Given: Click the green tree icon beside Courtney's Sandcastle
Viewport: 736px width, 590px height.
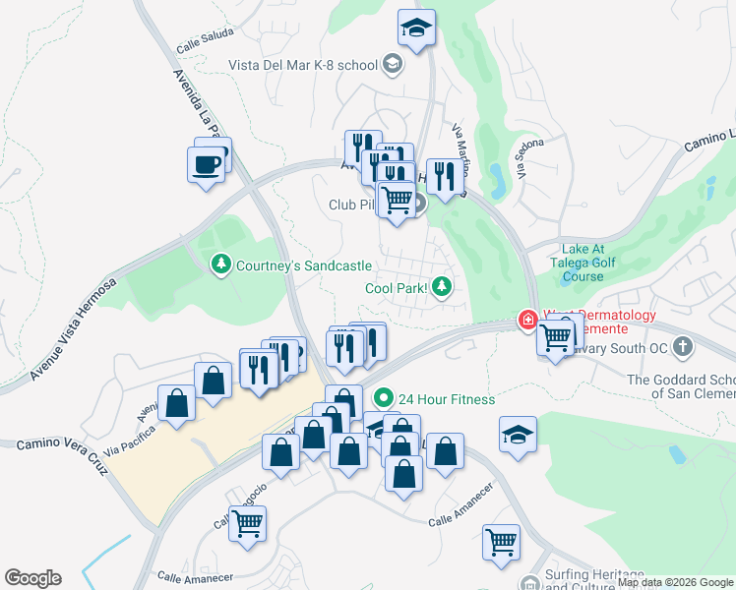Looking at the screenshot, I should click(x=221, y=265).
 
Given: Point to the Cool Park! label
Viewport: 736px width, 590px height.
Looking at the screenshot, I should click(x=396, y=288).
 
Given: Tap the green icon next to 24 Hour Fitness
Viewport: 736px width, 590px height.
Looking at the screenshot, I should click(x=383, y=399).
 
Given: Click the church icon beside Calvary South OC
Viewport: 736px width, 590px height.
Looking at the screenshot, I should click(x=684, y=348).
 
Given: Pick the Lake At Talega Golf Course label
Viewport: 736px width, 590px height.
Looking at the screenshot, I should click(x=596, y=264).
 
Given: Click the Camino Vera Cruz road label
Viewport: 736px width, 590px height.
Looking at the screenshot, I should click(x=59, y=443).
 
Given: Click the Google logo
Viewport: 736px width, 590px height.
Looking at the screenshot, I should click(x=32, y=578).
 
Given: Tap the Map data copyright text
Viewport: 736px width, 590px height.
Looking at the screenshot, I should click(x=676, y=583).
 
